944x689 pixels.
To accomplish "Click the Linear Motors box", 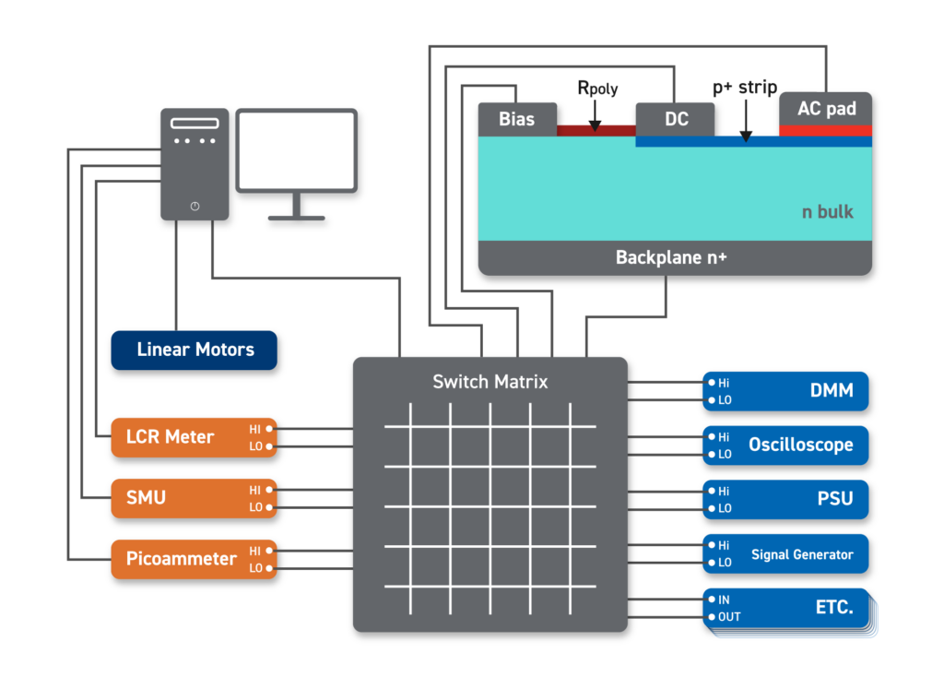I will (x=195, y=350).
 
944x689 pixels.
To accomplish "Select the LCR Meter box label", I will (x=170, y=437).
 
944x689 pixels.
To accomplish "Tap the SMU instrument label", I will (x=146, y=498).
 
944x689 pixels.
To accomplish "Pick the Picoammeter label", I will (x=181, y=559).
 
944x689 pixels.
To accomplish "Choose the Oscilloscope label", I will (x=800, y=445).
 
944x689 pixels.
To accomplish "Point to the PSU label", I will (x=834, y=499).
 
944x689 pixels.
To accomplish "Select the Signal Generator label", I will (x=802, y=554).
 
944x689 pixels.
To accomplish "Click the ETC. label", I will (x=833, y=608).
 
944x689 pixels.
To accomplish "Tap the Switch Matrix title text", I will (x=490, y=381).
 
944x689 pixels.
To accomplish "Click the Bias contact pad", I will (x=516, y=119).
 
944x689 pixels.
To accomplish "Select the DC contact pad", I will (x=676, y=119).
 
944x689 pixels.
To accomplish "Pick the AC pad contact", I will (x=826, y=109).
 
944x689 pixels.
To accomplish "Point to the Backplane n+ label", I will (x=671, y=257).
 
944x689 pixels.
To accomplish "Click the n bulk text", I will (x=827, y=212).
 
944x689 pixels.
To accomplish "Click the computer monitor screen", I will (x=296, y=150).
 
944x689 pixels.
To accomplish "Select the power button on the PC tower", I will (x=195, y=206).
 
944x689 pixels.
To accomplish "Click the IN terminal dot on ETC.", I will (x=712, y=600).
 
